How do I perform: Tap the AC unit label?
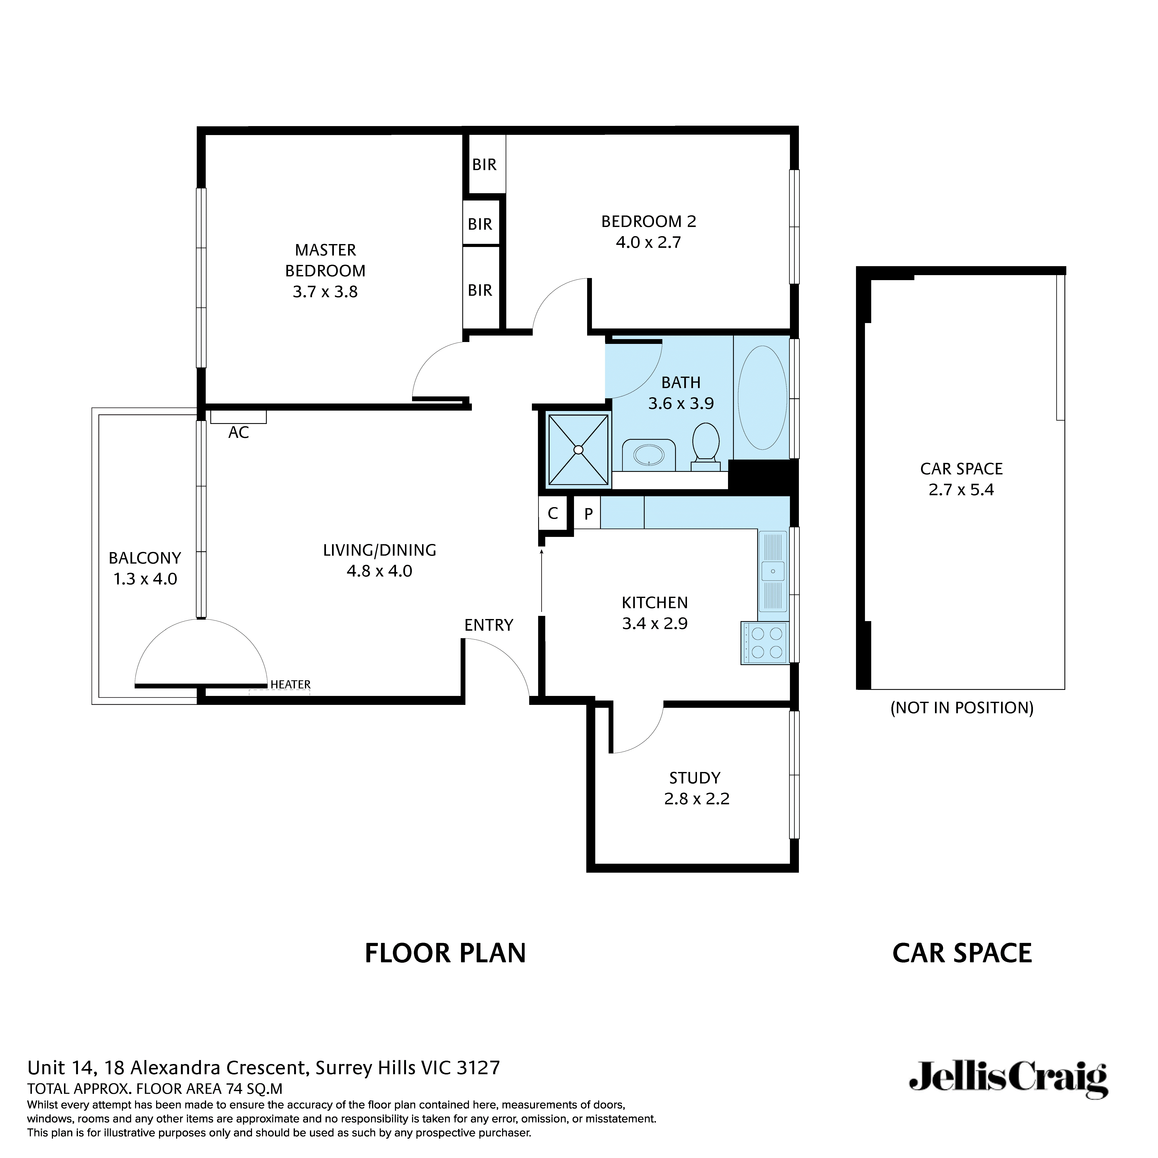point(239,432)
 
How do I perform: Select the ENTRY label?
point(489,625)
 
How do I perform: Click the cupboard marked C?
point(553,513)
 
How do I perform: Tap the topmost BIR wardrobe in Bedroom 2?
point(484,164)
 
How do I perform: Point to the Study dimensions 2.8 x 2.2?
point(697,799)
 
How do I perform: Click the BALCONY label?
point(144,558)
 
